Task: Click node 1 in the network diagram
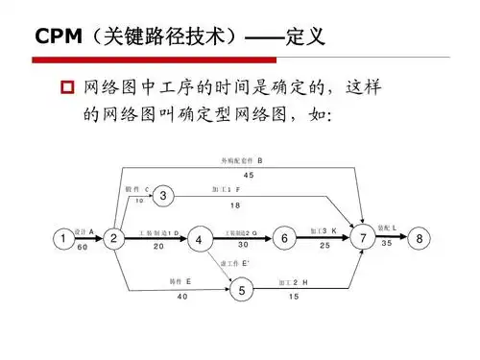[x=62, y=238]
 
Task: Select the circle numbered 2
[x=113, y=238]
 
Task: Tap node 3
[x=164, y=197]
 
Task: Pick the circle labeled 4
[x=198, y=239]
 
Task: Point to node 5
[x=242, y=290]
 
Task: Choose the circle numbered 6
[x=284, y=237]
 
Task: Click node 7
[x=363, y=238]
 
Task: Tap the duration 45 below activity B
[x=249, y=175]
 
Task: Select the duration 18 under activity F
[x=235, y=205]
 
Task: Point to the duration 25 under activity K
[x=324, y=246]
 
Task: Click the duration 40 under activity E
[x=182, y=297]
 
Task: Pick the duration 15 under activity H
[x=293, y=297]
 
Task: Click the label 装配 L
[x=388, y=227]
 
